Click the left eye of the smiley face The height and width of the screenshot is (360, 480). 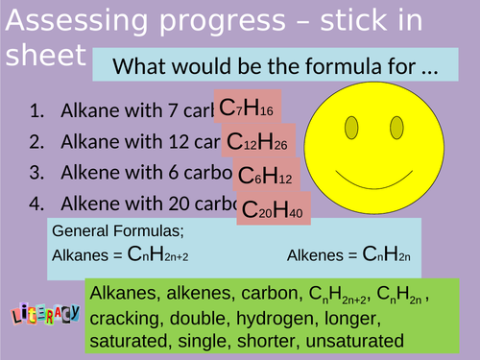click(352, 127)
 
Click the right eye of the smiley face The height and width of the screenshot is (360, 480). click(396, 127)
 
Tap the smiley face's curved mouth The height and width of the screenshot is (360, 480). click(374, 176)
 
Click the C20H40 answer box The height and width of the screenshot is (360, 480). click(274, 210)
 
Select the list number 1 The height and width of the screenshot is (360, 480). click(37, 111)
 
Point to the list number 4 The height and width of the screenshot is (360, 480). click(37, 204)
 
